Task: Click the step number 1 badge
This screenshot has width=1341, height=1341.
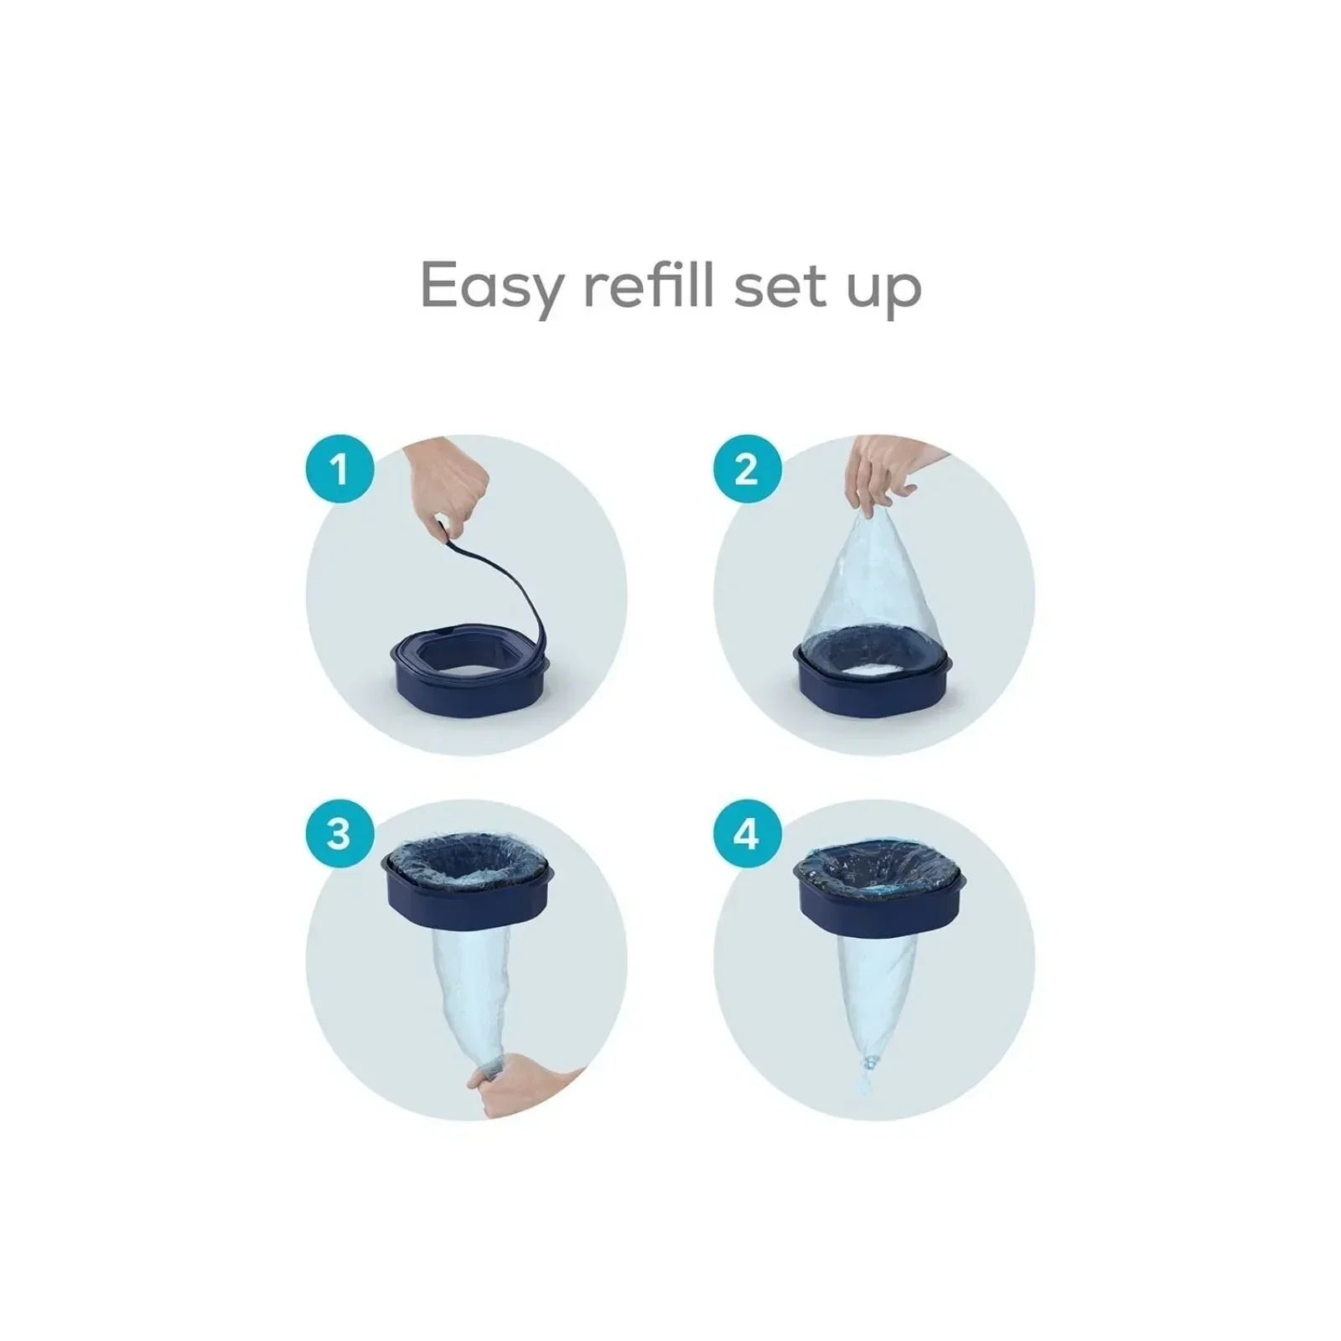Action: point(339,469)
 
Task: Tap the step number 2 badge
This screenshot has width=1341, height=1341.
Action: point(747,469)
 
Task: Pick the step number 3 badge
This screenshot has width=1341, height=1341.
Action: point(339,835)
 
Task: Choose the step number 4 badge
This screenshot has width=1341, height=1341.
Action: point(747,835)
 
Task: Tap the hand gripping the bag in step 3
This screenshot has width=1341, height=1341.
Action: point(528,1086)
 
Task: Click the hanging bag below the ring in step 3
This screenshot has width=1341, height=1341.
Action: point(465,997)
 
